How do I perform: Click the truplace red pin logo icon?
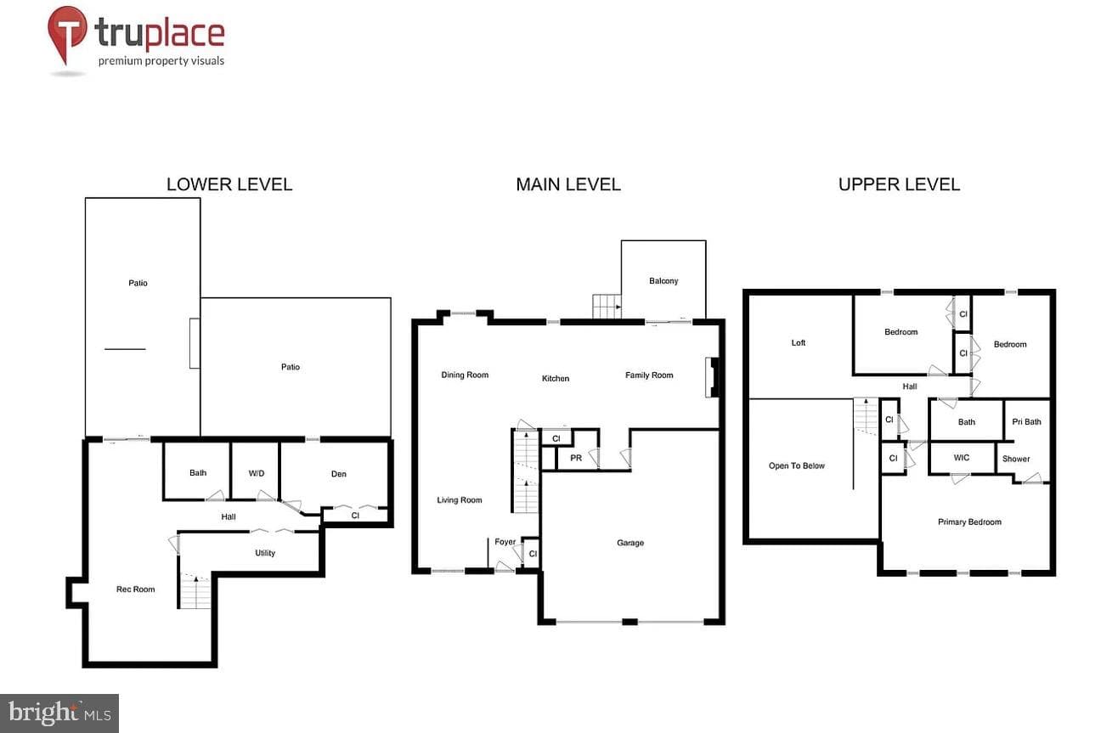click(x=67, y=34)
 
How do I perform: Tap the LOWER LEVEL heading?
click(x=229, y=184)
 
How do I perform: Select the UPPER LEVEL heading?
click(x=899, y=184)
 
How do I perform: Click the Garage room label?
click(x=630, y=543)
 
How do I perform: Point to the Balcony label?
click(x=663, y=281)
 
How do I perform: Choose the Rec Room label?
click(x=136, y=589)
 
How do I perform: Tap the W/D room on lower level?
click(x=256, y=474)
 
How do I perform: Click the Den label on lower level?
click(x=339, y=474)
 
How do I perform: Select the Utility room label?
click(x=265, y=553)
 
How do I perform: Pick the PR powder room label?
click(x=576, y=458)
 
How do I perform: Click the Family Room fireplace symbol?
click(x=712, y=377)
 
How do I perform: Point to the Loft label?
click(x=799, y=343)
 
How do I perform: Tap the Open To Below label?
click(x=797, y=465)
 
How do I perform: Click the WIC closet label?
click(x=962, y=458)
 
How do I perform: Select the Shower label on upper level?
click(x=1016, y=459)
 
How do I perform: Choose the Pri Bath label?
click(x=1027, y=421)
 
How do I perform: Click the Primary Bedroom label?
click(x=969, y=522)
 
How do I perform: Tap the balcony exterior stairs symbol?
click(x=607, y=306)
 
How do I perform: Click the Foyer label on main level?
click(x=505, y=542)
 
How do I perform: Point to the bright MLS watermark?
click(x=59, y=713)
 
